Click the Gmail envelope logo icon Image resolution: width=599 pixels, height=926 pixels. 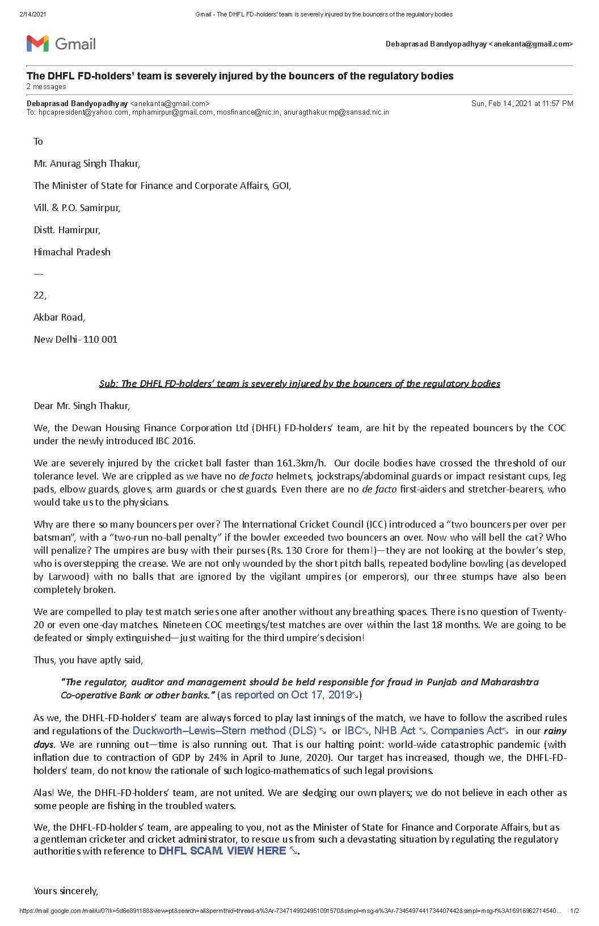37,44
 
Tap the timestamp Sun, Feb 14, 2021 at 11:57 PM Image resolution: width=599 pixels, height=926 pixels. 522,103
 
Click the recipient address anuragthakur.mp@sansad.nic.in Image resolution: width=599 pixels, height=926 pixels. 336,112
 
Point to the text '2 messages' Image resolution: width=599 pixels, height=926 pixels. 46,87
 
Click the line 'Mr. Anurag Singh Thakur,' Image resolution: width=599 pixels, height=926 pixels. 87,163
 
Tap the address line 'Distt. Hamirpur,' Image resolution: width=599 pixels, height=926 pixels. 67,230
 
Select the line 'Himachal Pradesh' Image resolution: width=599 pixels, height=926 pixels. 72,252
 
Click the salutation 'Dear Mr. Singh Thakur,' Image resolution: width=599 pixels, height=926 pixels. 82,406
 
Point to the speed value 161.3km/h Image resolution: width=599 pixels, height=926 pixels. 301,463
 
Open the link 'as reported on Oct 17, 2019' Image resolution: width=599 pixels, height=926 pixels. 286,695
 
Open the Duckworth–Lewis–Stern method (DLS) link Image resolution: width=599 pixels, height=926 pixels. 225,731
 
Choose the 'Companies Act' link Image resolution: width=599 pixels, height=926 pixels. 466,731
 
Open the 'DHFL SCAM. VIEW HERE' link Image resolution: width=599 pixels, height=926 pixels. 222,851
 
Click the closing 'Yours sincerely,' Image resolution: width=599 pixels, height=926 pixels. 66,891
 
